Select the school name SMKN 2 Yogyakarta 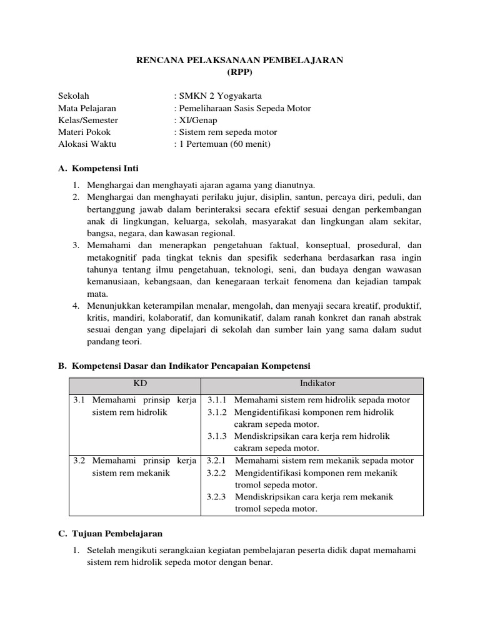[222, 96]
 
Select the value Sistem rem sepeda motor [227, 132]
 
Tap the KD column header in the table [136, 383]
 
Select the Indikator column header [317, 383]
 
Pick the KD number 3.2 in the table [79, 461]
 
